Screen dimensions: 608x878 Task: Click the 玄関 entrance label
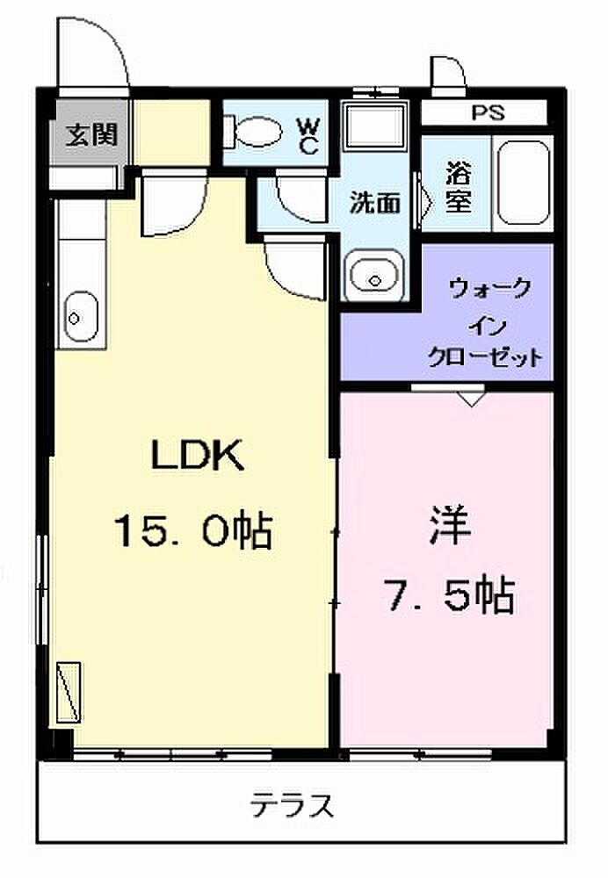91,134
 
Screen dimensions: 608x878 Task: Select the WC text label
308,136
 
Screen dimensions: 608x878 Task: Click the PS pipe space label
488,112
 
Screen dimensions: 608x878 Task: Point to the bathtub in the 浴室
524,183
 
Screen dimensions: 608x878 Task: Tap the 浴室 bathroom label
459,187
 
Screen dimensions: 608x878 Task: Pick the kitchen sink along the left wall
81,316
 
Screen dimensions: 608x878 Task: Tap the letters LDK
198,455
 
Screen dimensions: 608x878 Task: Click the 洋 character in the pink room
450,525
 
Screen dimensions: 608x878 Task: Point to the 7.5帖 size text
449,595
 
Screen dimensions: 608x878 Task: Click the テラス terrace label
292,806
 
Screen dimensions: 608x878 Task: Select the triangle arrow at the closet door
472,399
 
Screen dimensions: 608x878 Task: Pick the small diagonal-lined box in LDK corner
69,692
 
